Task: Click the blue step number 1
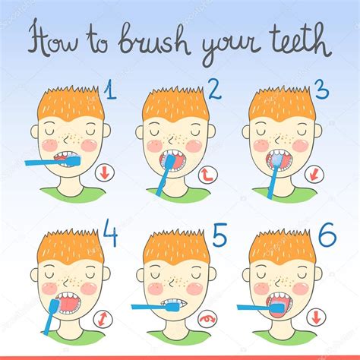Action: [x=111, y=93]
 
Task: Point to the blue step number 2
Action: [x=214, y=92]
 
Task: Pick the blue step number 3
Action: [x=322, y=92]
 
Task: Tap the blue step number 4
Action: [x=110, y=237]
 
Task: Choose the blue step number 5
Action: [x=219, y=238]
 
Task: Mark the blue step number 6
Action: [x=327, y=238]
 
